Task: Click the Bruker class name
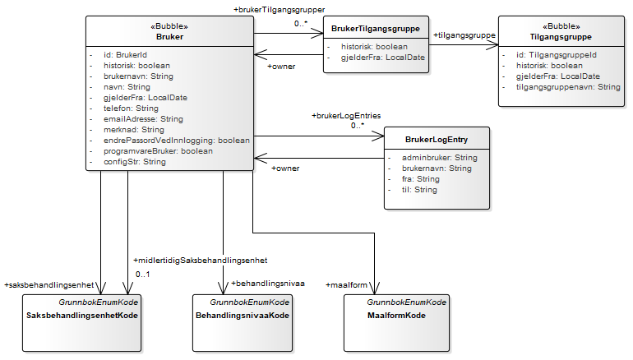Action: coord(169,36)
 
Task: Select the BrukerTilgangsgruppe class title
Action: coord(375,29)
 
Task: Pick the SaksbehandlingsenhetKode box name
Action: coord(81,315)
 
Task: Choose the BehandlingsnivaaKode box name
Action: coord(243,315)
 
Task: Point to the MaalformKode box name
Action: coord(396,315)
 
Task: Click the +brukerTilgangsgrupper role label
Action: coord(280,9)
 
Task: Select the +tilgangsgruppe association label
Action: coord(464,35)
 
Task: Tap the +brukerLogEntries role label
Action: coord(345,115)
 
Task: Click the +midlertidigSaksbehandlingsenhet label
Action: coord(201,261)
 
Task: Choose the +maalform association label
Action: coord(346,284)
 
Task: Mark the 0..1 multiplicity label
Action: coord(142,274)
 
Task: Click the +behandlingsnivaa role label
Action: coord(268,283)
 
